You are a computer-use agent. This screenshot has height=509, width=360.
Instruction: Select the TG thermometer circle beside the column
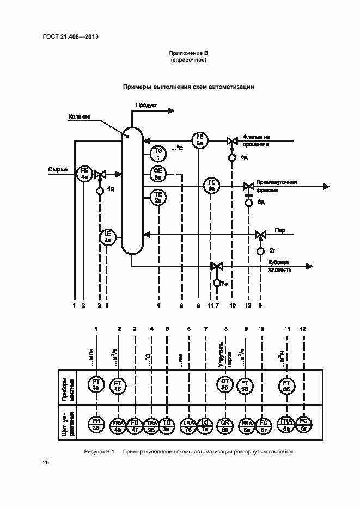[158, 153]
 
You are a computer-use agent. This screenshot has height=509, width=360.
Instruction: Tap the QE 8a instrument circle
[158, 175]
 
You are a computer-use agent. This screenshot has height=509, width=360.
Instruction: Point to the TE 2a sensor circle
[158, 197]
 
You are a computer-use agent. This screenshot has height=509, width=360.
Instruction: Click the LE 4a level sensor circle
[107, 236]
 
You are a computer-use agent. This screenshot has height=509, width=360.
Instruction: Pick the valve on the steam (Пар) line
[260, 235]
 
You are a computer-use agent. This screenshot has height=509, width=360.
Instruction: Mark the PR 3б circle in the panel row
[96, 424]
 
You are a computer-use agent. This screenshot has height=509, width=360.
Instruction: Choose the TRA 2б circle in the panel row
[152, 424]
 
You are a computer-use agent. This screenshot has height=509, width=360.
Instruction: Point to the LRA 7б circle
[189, 424]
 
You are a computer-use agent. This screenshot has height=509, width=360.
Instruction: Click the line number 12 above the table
[303, 329]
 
